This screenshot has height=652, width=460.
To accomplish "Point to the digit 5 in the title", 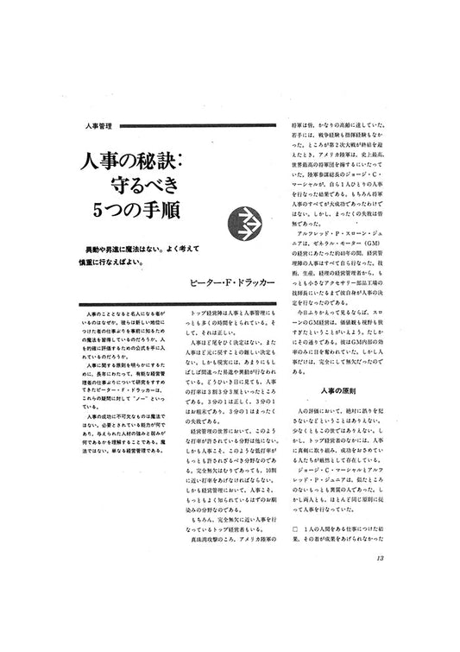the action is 104,209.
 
